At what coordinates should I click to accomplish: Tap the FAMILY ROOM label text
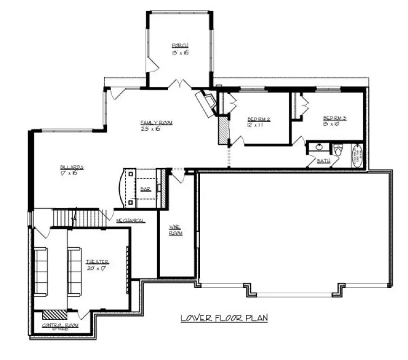pyautogui.click(x=156, y=123)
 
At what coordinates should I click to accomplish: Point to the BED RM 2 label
pyautogui.click(x=258, y=119)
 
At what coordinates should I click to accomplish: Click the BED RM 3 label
pyautogui.click(x=334, y=118)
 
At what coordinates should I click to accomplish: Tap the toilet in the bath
pyautogui.click(x=338, y=150)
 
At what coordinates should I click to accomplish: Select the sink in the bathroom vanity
pyautogui.click(x=319, y=147)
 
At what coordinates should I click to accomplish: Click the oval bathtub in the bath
pyautogui.click(x=358, y=155)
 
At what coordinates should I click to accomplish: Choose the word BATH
pyautogui.click(x=323, y=161)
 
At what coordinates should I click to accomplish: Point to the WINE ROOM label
pyautogui.click(x=175, y=230)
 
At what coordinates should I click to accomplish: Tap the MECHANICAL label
pyautogui.click(x=130, y=221)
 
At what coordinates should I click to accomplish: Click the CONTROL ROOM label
pyautogui.click(x=60, y=325)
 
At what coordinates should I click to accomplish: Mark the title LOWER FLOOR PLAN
pyautogui.click(x=224, y=318)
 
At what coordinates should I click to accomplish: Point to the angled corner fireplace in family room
pyautogui.click(x=208, y=103)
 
